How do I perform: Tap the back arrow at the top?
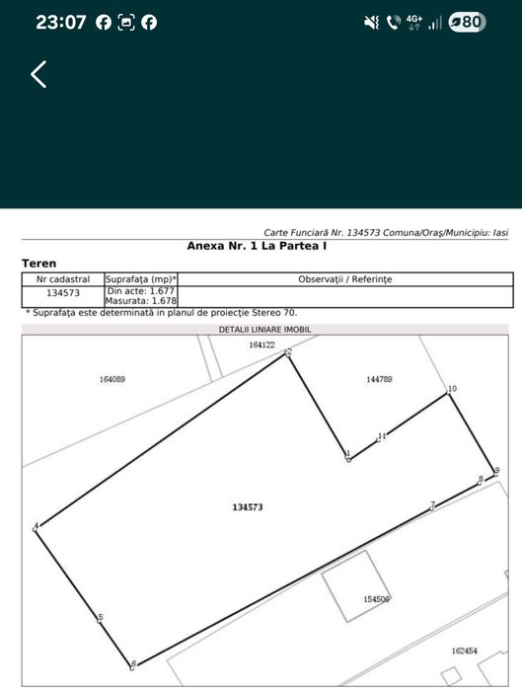coord(38,74)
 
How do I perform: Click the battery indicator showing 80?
coord(467,22)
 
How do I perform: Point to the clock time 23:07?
coord(60,22)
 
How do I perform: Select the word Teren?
coord(39,264)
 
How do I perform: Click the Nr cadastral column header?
coord(63,279)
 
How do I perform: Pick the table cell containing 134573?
coord(63,293)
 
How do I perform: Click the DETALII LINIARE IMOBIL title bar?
coord(264,329)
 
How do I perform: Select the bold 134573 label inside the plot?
coord(248,506)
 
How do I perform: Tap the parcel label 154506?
coord(377,598)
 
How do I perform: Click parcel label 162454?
coord(464,651)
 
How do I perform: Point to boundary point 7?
coord(431,507)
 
